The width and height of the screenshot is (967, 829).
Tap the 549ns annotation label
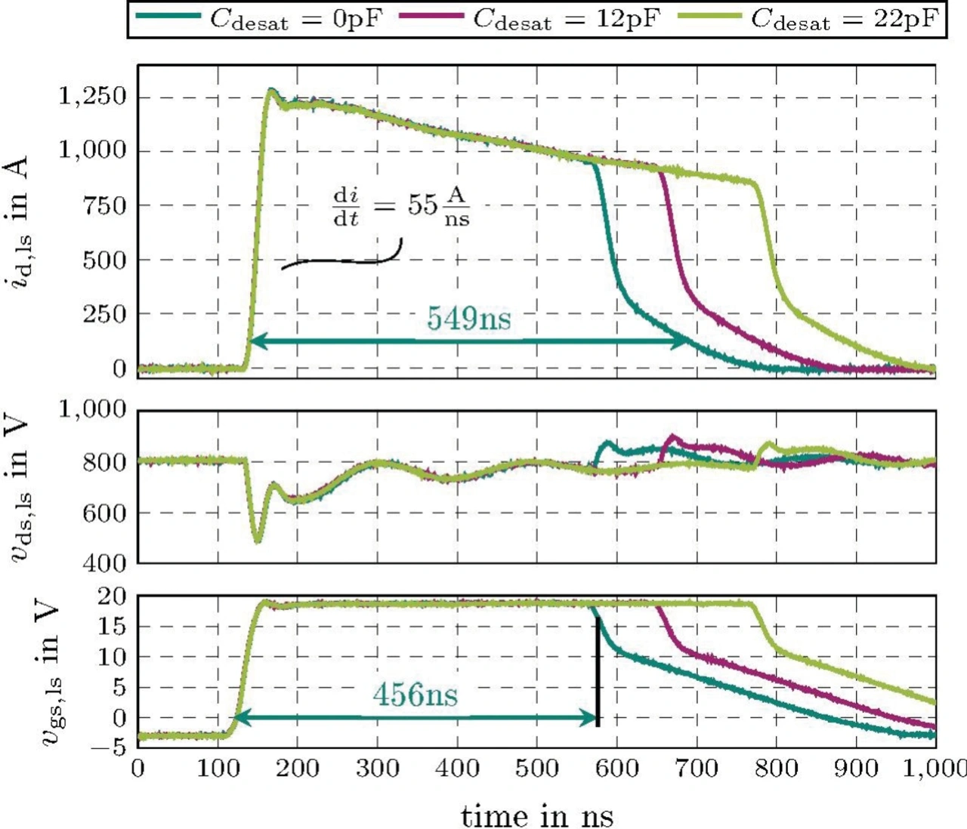[x=468, y=318]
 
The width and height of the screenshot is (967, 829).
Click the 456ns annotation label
[x=415, y=694]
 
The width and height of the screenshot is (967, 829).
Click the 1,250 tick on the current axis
[x=93, y=97]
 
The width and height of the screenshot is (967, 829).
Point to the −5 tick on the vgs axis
[x=108, y=747]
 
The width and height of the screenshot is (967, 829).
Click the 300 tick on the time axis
[x=378, y=769]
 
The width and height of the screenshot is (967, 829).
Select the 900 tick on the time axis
[x=856, y=769]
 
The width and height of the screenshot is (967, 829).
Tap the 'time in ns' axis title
[x=537, y=815]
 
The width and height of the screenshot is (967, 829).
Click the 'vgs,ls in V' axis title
[x=50, y=672]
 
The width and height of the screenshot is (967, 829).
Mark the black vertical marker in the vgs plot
[x=598, y=672]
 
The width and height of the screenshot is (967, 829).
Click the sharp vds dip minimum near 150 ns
[x=258, y=541]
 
